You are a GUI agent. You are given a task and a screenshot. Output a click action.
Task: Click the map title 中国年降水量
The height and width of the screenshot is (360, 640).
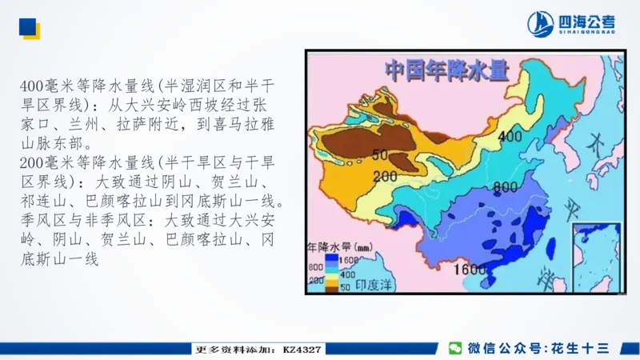pos(447,70)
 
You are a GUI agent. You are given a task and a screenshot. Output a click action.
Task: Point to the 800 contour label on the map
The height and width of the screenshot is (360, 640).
pos(504,187)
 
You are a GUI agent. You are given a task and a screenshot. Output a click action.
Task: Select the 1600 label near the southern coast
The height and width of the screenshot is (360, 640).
pos(471,270)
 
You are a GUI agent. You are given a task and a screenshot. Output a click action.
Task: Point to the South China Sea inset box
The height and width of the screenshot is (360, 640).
pos(597,255)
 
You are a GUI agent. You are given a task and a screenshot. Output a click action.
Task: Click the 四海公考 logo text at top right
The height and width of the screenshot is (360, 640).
pos(586,23)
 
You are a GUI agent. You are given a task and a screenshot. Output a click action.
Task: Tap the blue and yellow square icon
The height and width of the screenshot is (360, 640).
pos(29,29)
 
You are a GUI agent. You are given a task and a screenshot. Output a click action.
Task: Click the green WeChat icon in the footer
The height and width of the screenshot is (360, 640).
pos(455,348)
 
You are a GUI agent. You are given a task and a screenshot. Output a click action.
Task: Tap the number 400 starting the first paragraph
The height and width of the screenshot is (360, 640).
pos(34,86)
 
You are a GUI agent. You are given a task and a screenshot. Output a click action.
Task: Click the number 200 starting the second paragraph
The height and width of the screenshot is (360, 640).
pos(34,162)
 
